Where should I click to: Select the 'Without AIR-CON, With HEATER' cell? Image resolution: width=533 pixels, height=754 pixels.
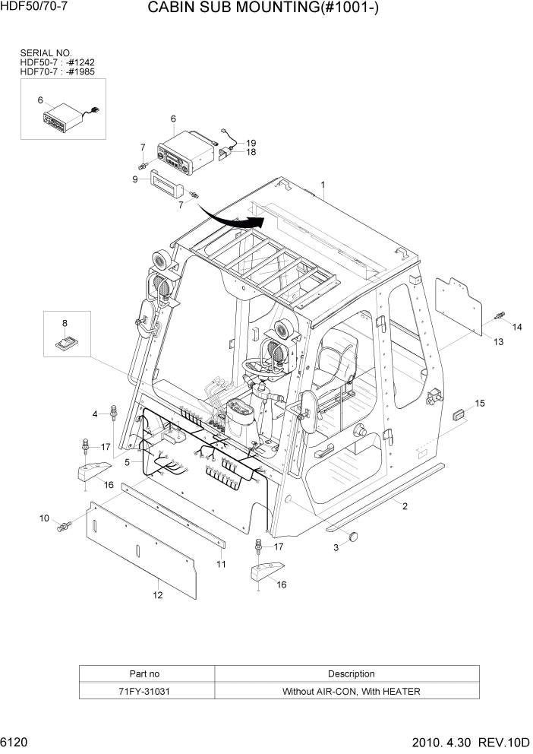point(351,692)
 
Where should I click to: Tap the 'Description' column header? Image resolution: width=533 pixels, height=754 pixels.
point(351,673)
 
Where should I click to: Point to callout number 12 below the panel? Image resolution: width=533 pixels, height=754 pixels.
point(156,595)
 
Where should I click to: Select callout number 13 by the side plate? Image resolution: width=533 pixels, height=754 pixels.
point(498,342)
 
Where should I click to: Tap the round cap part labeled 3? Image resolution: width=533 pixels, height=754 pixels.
point(352,538)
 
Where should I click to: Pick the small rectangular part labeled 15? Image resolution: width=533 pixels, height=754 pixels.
point(458,414)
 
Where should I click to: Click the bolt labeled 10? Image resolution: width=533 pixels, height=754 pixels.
point(64,525)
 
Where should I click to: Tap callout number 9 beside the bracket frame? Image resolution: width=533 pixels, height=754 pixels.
point(134,179)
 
